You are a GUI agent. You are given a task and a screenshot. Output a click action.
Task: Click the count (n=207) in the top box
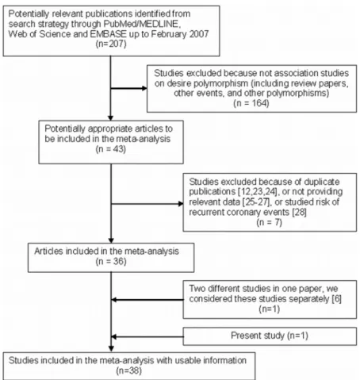tap(111, 44)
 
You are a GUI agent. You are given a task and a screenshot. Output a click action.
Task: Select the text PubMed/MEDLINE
tap(142, 24)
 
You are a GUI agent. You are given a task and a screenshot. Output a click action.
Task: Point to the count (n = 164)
tap(251, 103)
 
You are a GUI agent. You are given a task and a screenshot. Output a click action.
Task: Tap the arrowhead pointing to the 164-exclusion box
tap(144, 88)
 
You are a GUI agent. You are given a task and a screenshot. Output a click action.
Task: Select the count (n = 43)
tap(111, 149)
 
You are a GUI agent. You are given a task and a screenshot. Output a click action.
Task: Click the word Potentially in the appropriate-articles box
tap(65, 129)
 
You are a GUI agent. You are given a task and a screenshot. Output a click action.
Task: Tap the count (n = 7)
tap(270, 222)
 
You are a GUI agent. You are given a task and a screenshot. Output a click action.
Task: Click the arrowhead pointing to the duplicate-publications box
tap(181, 204)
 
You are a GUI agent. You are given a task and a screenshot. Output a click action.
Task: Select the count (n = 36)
tap(111, 262)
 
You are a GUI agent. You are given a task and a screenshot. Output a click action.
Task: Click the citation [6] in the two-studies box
tap(336, 299)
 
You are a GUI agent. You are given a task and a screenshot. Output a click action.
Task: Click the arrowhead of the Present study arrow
tap(114, 336)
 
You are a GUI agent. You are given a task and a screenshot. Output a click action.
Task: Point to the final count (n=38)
tap(129, 370)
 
